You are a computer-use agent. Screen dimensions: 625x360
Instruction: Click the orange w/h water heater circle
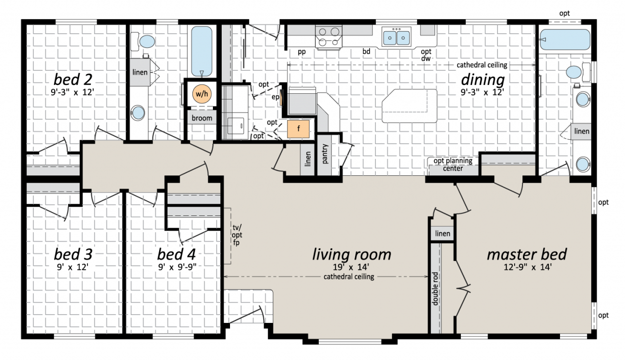point(202,94)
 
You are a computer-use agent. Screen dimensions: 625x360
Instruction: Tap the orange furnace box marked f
point(298,129)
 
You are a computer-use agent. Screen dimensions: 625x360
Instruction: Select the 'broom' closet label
point(202,118)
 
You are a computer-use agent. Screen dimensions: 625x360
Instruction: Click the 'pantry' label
point(325,154)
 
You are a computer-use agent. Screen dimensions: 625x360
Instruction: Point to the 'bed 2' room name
point(73,79)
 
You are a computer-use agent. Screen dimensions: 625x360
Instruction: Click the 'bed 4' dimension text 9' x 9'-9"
point(177,267)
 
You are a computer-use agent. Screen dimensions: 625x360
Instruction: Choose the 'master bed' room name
point(527,254)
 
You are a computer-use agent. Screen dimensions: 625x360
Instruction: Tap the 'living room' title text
point(352,254)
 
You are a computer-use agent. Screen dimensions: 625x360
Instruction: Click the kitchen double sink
point(396,37)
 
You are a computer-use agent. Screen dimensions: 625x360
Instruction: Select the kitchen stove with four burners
point(329,37)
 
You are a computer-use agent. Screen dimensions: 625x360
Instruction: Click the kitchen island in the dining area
point(409,106)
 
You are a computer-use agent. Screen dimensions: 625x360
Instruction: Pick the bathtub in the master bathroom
point(565,40)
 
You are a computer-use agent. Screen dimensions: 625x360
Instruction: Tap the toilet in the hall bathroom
point(144,42)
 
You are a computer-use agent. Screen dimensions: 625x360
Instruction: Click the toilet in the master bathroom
point(578,72)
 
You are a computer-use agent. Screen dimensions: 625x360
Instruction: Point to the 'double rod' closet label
point(435,289)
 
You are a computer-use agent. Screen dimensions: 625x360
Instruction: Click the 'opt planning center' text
point(453,165)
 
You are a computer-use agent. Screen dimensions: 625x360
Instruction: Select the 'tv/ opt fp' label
point(237,235)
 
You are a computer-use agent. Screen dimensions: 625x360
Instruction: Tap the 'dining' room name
point(483,80)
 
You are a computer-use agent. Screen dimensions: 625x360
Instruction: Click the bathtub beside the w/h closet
point(202,51)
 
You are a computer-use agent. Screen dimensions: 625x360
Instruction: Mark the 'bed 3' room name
point(73,254)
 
